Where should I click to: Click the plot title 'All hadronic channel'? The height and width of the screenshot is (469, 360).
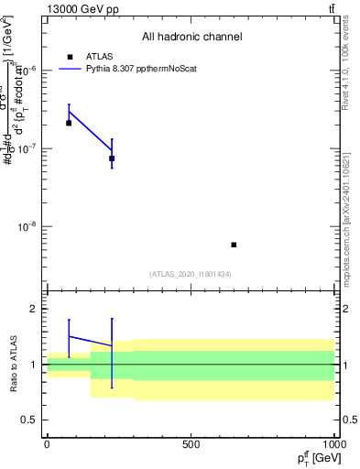(x=191, y=38)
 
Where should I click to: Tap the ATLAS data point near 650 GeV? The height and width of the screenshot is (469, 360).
(x=234, y=245)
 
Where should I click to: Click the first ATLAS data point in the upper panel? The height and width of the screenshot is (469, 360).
(x=69, y=123)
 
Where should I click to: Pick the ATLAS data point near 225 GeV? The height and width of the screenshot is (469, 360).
(x=112, y=158)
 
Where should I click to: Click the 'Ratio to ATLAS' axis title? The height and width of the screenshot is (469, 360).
(x=13, y=364)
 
